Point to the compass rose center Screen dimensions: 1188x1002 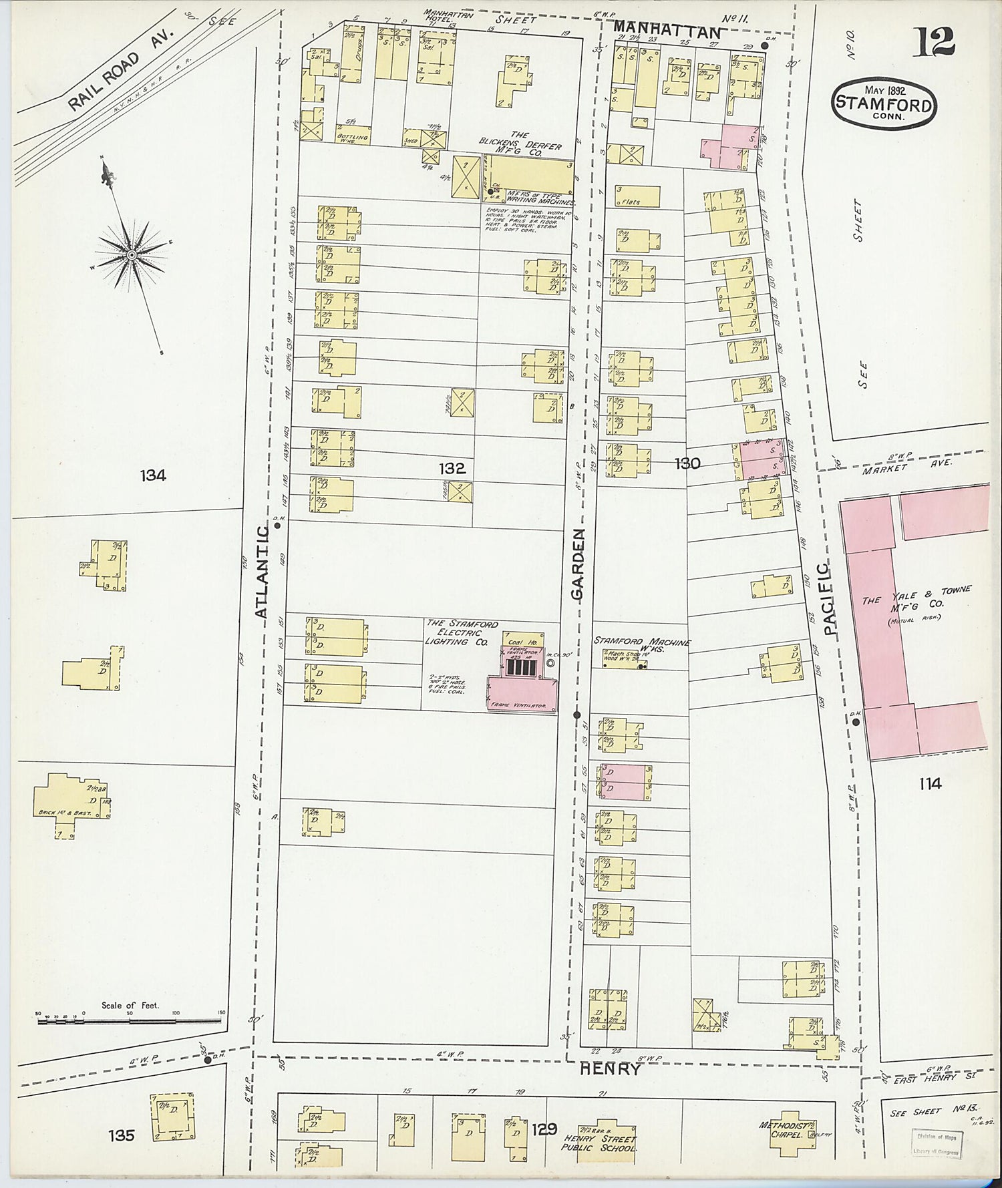tap(132, 255)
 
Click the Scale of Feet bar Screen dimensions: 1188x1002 tap(130, 1018)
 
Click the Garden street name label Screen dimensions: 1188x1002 tap(578, 565)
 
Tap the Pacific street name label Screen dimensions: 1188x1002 tap(828, 599)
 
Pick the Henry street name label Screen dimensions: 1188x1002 tap(610, 1069)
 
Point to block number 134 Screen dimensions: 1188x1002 tap(153, 475)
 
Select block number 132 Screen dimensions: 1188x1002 tap(452, 469)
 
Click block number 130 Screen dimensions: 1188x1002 tap(687, 463)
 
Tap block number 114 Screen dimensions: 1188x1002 tap(930, 783)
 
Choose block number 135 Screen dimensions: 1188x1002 tap(121, 1135)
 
